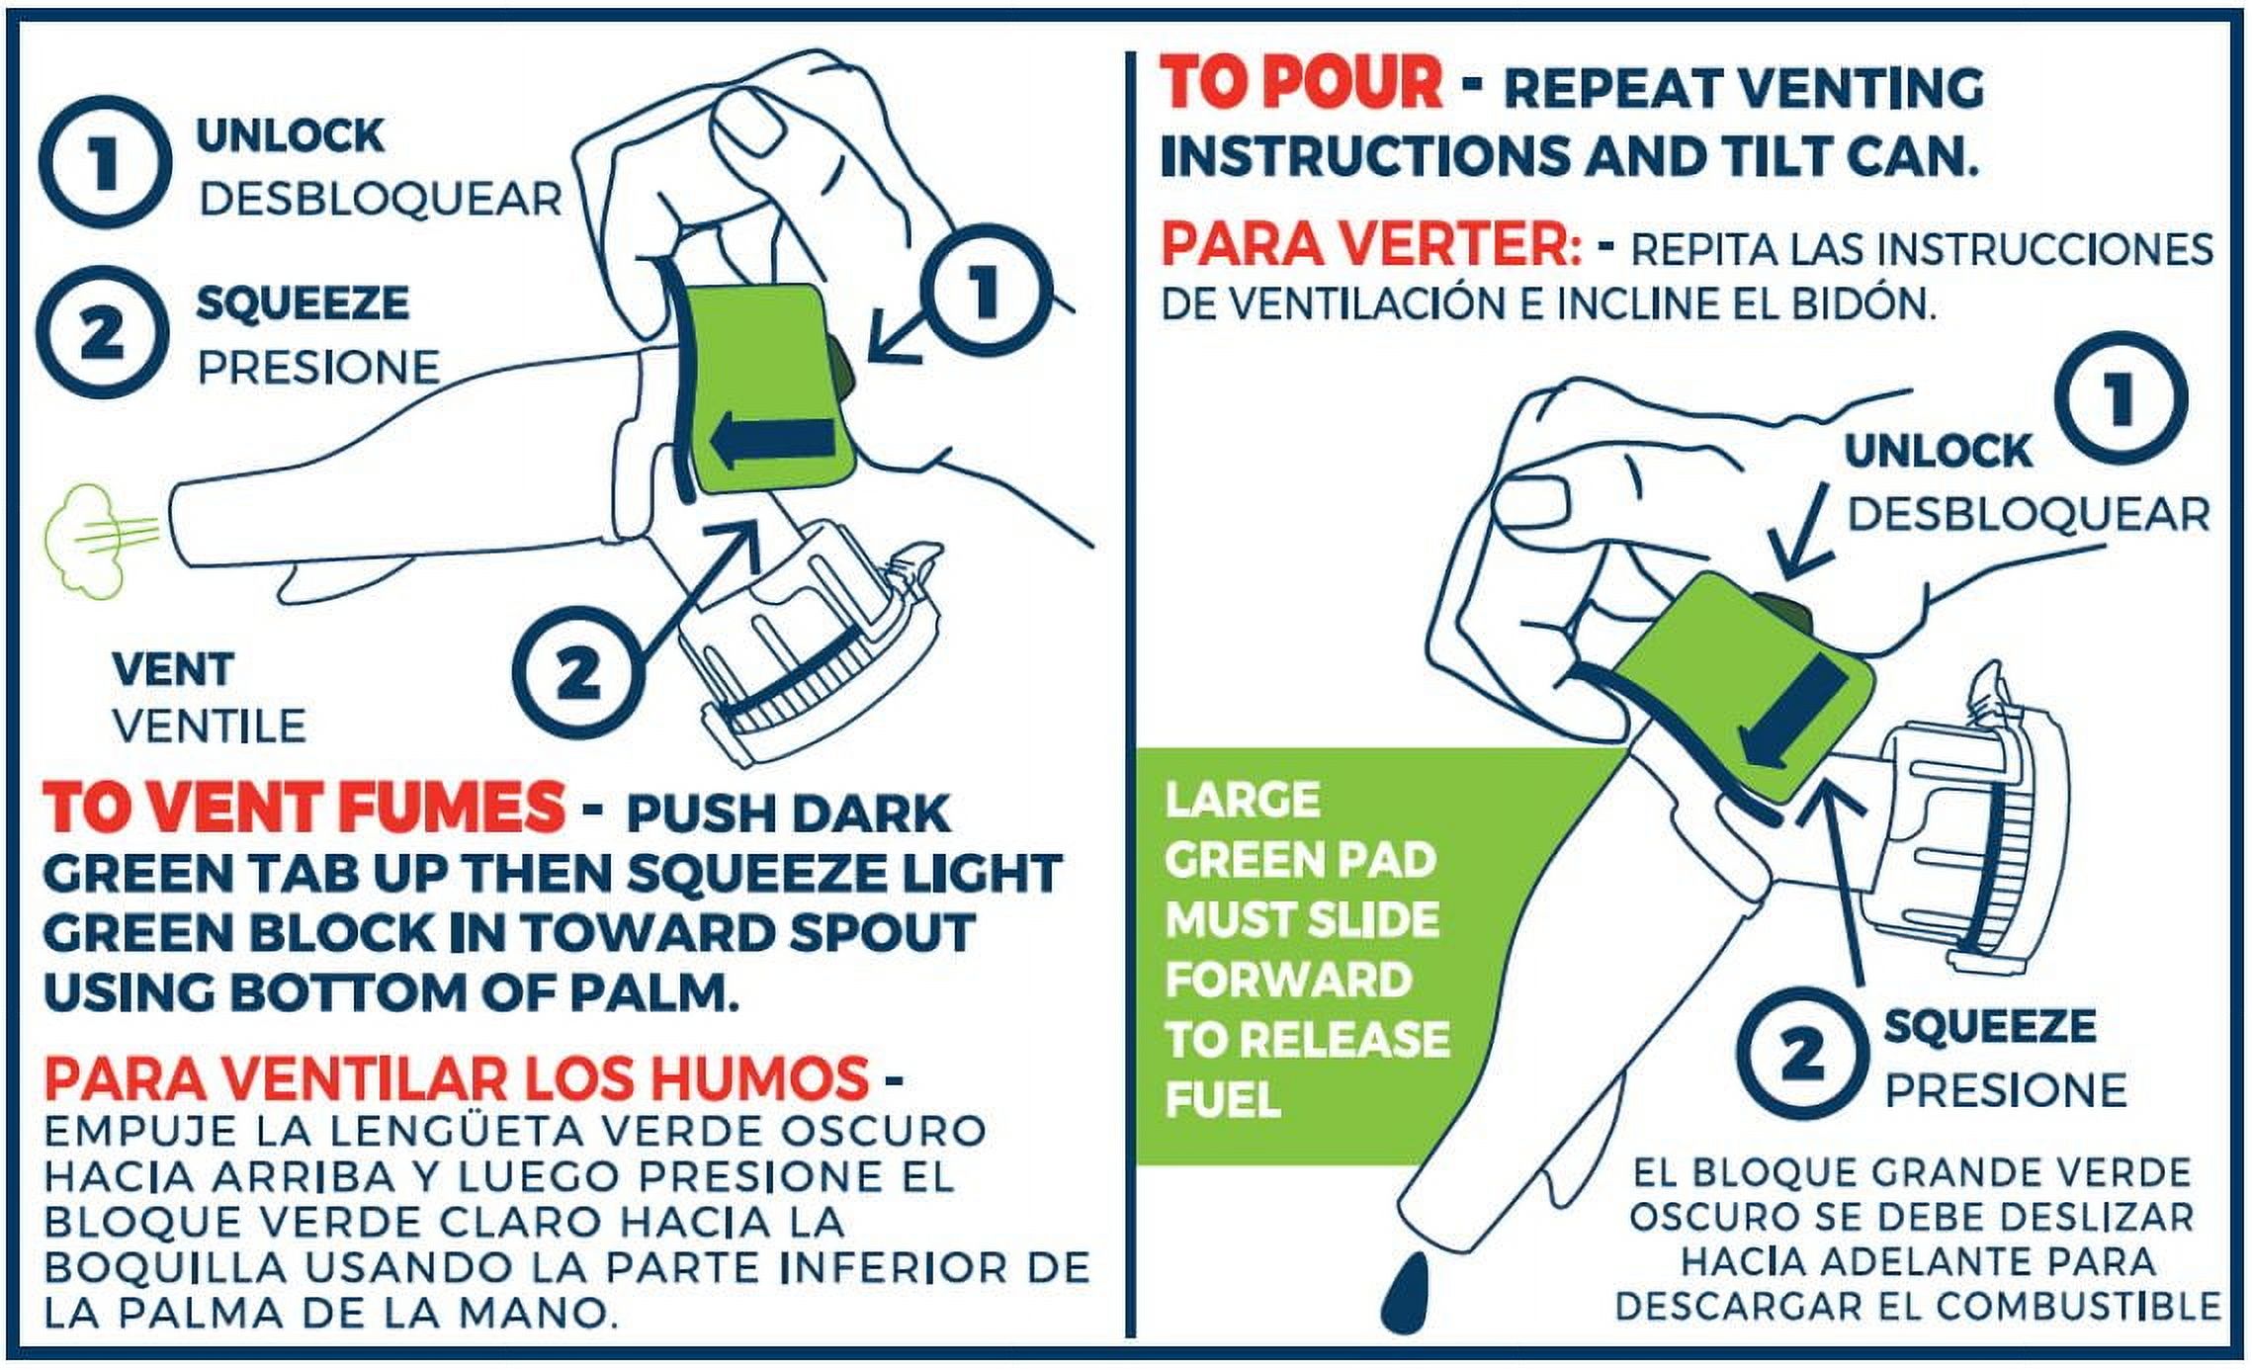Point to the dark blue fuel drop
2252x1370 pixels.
pyautogui.click(x=1405, y=1293)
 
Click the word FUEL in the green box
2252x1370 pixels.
pyautogui.click(x=1224, y=1099)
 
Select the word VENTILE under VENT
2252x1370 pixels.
pyautogui.click(x=210, y=727)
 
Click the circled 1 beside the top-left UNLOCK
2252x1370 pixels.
pyautogui.click(x=100, y=162)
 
